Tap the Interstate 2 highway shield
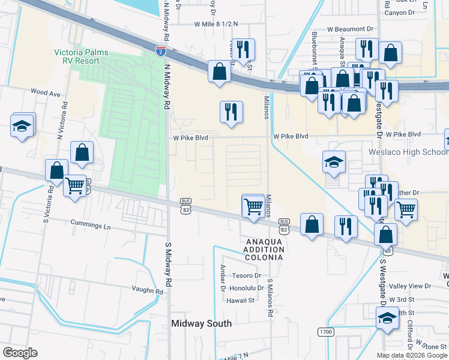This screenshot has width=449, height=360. click(x=160, y=51)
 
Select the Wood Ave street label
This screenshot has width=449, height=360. click(x=46, y=93)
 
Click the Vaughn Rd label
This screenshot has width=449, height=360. click(x=148, y=291)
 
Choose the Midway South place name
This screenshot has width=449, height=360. click(x=201, y=323)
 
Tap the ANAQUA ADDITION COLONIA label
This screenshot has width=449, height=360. click(x=264, y=249)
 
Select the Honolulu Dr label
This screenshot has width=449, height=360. click(x=247, y=287)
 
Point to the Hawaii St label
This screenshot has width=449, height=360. click(x=241, y=300)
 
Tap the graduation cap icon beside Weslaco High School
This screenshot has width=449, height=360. click(x=334, y=162)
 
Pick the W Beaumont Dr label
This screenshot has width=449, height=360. click(x=354, y=29)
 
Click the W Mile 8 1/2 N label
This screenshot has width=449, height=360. click(x=215, y=24)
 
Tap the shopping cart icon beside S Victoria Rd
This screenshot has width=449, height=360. click(x=75, y=186)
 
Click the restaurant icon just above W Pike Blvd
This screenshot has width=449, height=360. click(x=231, y=112)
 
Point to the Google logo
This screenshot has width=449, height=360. click(x=20, y=353)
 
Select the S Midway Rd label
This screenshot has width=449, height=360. click(x=169, y=264)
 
